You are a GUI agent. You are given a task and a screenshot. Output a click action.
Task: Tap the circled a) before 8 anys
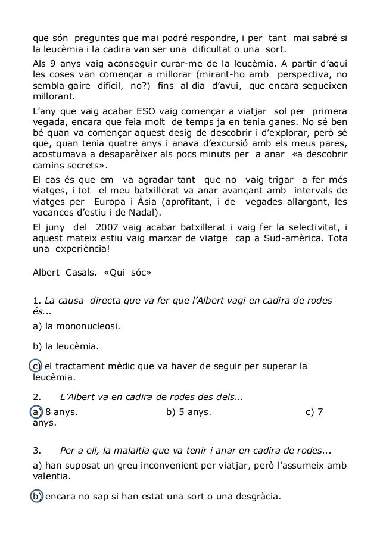pyautogui.click(x=36, y=412)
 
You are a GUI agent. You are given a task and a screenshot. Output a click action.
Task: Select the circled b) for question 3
pyautogui.click(x=36, y=497)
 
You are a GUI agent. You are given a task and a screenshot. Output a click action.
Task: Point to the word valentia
pyautogui.click(x=51, y=476)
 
